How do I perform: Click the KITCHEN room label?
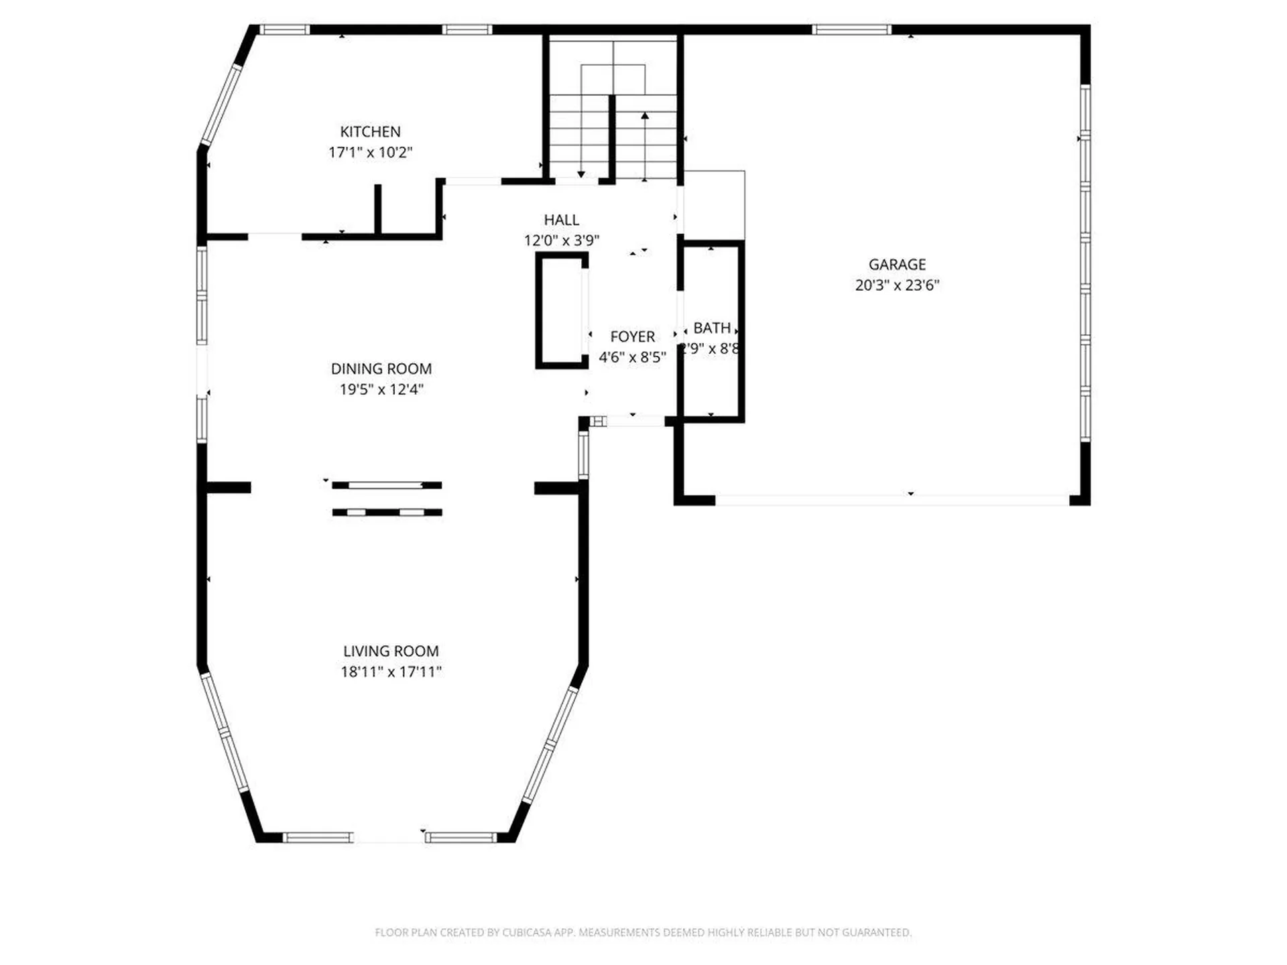[x=370, y=132]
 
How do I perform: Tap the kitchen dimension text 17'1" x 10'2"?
[x=370, y=152]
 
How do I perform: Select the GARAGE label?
[x=897, y=265]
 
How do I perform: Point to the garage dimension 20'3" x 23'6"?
[x=897, y=285]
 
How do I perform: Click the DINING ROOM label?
[x=381, y=369]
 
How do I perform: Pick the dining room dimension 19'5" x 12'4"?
[x=381, y=389]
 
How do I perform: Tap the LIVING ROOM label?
[x=391, y=651]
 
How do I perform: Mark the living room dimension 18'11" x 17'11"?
[x=391, y=671]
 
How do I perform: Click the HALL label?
[x=561, y=220]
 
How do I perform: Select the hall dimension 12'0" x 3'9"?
[x=561, y=240]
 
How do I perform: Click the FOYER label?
[x=632, y=336]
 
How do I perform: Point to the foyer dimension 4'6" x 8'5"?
[x=632, y=357]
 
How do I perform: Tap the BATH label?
[x=711, y=328]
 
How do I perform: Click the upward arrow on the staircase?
[x=645, y=117]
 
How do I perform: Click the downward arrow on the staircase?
[x=581, y=174]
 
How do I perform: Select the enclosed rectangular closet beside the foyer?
[x=561, y=311]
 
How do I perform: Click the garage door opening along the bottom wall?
[x=892, y=500]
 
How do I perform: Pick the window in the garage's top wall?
[x=851, y=29]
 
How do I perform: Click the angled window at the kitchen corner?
[x=221, y=105]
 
